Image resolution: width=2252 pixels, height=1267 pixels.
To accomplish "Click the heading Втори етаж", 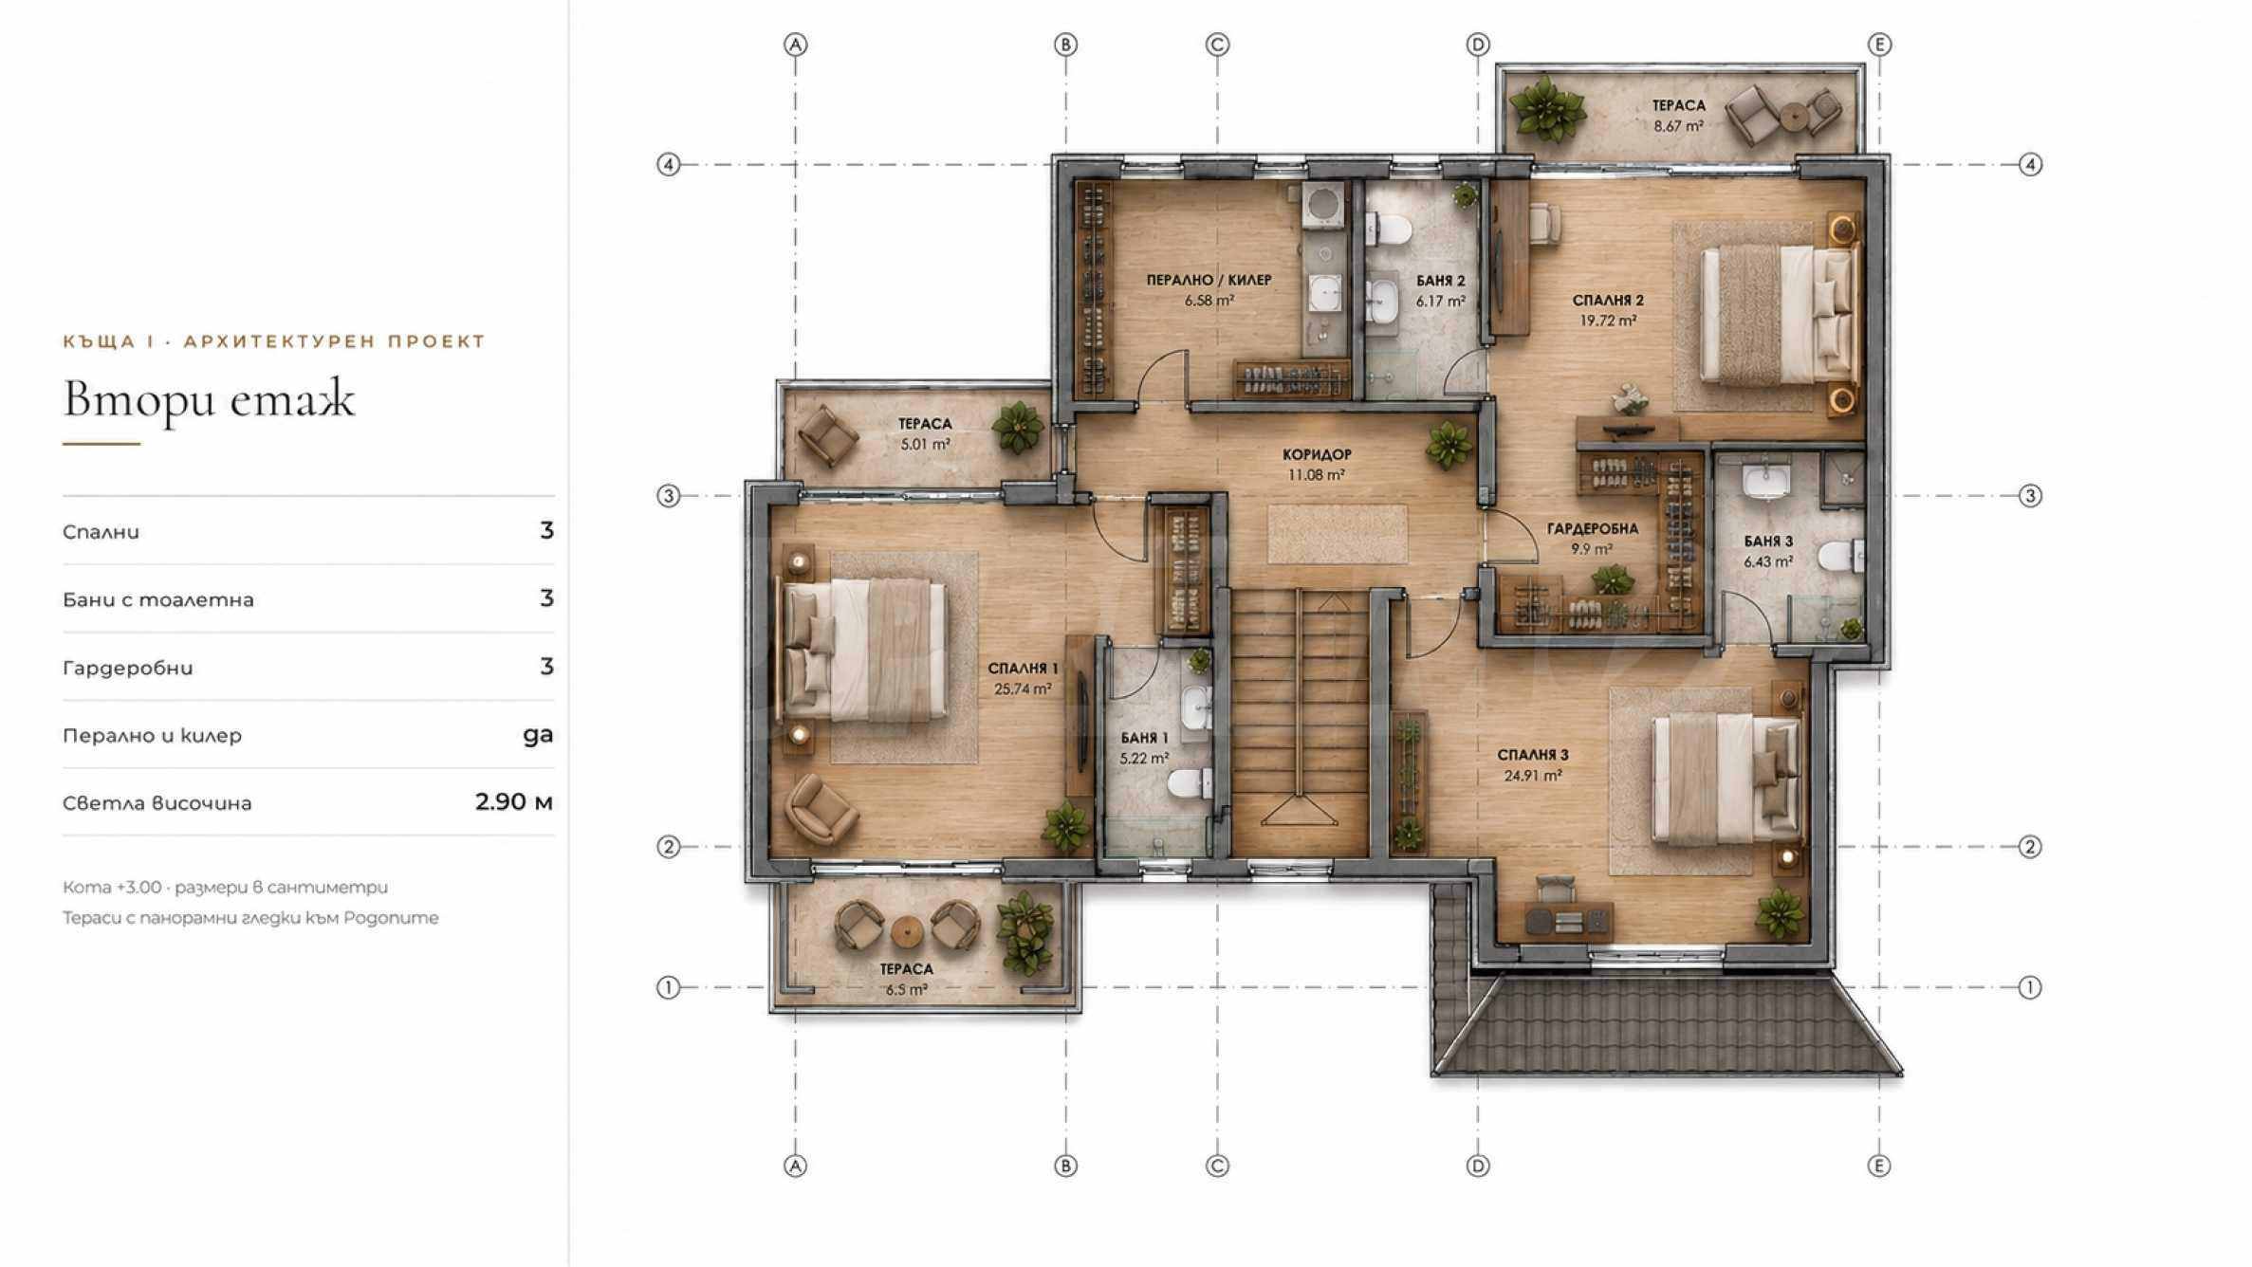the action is click(209, 399).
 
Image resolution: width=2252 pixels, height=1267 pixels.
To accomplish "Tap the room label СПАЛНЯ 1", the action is click(1023, 669).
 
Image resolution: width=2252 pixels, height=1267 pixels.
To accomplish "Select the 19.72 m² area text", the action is click(1608, 321).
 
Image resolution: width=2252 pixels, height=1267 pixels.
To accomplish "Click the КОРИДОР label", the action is click(1317, 455).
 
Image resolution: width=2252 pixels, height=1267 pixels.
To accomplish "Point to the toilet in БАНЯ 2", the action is click(1391, 229).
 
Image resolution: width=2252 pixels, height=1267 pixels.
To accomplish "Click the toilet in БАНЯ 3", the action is click(1841, 556).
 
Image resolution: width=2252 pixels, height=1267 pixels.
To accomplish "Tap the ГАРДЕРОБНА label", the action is click(1593, 529).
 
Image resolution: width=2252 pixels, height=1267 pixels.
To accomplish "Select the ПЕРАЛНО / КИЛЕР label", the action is click(1209, 280).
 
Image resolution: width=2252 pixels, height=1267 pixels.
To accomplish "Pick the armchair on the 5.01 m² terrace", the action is click(827, 436).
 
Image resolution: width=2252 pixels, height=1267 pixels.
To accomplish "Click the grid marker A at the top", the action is click(795, 45).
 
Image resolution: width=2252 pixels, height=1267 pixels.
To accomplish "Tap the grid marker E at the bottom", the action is click(1879, 1166).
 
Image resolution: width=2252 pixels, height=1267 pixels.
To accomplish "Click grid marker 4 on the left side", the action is click(669, 165).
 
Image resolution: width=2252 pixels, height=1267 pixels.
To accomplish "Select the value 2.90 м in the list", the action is click(513, 802).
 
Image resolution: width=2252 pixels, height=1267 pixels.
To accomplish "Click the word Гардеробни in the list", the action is click(128, 669).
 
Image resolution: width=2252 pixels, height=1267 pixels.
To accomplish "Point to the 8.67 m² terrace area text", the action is click(1678, 126).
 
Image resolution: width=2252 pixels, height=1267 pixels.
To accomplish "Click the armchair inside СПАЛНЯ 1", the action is click(821, 809).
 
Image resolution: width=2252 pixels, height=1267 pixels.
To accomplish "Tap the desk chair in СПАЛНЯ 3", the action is click(1556, 890).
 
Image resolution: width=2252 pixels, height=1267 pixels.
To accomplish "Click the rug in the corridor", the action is click(1338, 535).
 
